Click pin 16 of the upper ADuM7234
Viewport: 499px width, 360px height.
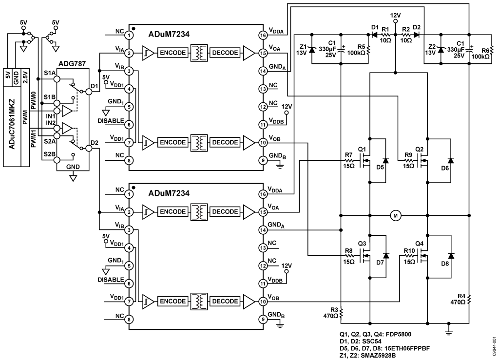tap(263, 35)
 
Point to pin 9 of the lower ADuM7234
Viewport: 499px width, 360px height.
tap(263, 320)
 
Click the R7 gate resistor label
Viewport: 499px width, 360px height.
tap(348, 155)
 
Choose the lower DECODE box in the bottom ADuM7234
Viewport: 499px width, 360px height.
tap(225, 302)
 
